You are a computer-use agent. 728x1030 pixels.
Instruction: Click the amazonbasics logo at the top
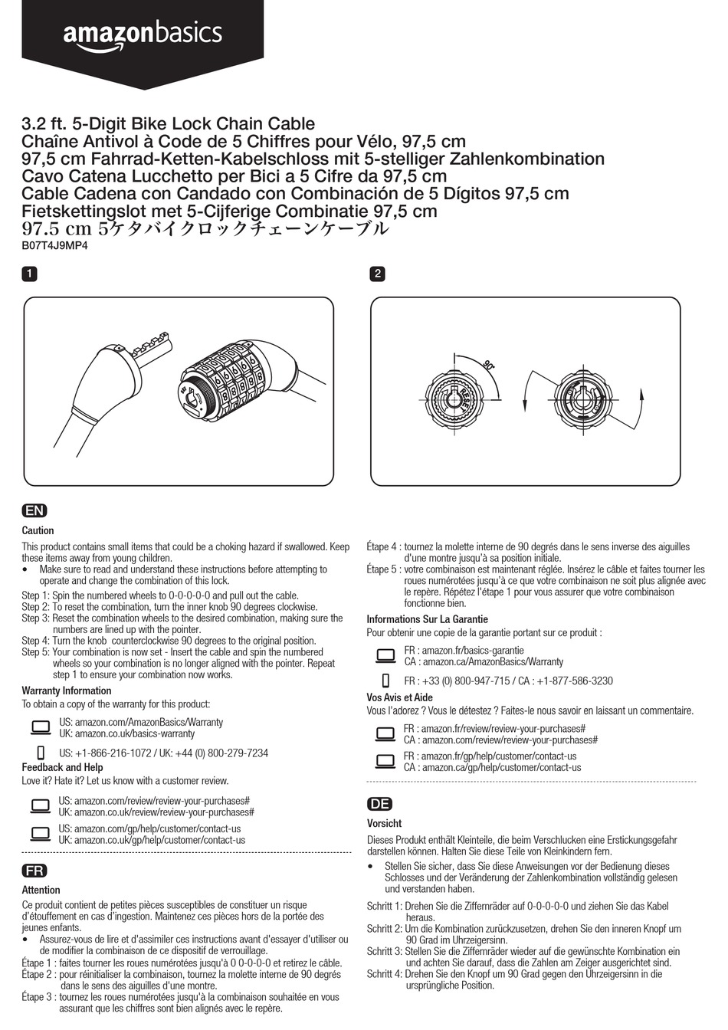[x=143, y=35]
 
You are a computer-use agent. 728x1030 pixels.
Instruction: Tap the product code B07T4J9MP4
[x=54, y=246]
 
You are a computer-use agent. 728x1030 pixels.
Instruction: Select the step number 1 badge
[x=29, y=274]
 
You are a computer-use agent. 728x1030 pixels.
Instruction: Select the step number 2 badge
[x=377, y=274]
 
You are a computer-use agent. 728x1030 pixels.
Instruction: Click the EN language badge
[x=34, y=511]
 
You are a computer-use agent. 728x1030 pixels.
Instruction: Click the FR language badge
[x=34, y=871]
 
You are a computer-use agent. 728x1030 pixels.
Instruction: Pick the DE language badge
[x=379, y=804]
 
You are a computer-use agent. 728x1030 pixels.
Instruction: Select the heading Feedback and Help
[x=62, y=767]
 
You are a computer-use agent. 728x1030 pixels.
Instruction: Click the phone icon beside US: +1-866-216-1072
[x=41, y=753]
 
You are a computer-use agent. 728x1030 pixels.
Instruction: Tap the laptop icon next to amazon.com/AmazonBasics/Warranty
[x=40, y=727]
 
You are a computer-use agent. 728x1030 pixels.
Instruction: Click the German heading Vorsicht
[x=384, y=823]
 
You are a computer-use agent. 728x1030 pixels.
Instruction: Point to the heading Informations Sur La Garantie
[x=427, y=619]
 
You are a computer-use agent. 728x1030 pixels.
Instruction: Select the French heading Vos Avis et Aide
[x=399, y=697]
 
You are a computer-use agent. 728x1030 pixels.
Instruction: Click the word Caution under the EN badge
[x=38, y=530]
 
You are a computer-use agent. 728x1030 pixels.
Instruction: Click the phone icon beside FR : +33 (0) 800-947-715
[x=386, y=681]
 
